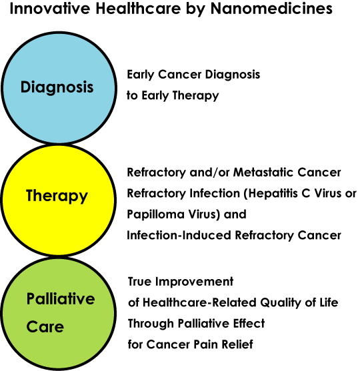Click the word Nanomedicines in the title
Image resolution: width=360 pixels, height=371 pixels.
click(x=271, y=9)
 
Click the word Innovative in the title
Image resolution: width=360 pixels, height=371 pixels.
click(x=50, y=9)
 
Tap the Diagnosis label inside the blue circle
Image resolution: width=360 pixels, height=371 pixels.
click(x=57, y=88)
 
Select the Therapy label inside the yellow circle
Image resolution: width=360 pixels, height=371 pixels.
click(x=57, y=196)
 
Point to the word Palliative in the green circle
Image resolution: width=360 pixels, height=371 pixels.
click(x=61, y=298)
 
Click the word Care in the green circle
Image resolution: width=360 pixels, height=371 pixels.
click(x=45, y=327)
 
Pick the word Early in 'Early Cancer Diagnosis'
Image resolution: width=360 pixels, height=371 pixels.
click(x=141, y=75)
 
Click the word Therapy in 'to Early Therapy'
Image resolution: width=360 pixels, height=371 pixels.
click(x=195, y=96)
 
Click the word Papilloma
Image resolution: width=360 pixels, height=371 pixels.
click(x=155, y=215)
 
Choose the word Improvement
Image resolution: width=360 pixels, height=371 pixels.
click(x=194, y=282)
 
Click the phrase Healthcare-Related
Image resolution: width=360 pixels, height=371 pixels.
click(x=199, y=302)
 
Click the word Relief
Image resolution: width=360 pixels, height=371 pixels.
click(x=237, y=344)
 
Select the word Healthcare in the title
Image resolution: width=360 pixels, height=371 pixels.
click(x=138, y=9)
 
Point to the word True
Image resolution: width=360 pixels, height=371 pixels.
click(x=139, y=282)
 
